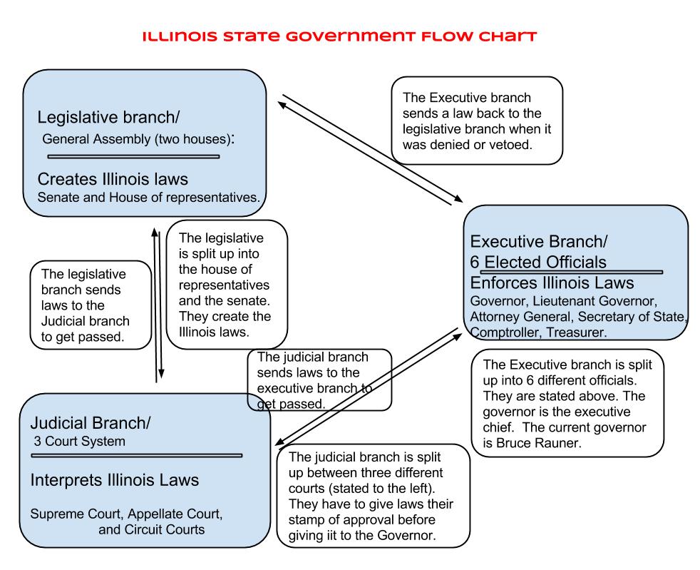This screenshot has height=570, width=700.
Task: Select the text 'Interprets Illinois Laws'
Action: coord(114,479)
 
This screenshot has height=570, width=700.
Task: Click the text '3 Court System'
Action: coord(80,441)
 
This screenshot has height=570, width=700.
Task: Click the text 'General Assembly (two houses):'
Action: coord(138,138)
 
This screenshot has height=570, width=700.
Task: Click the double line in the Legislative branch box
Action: coord(133,156)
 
